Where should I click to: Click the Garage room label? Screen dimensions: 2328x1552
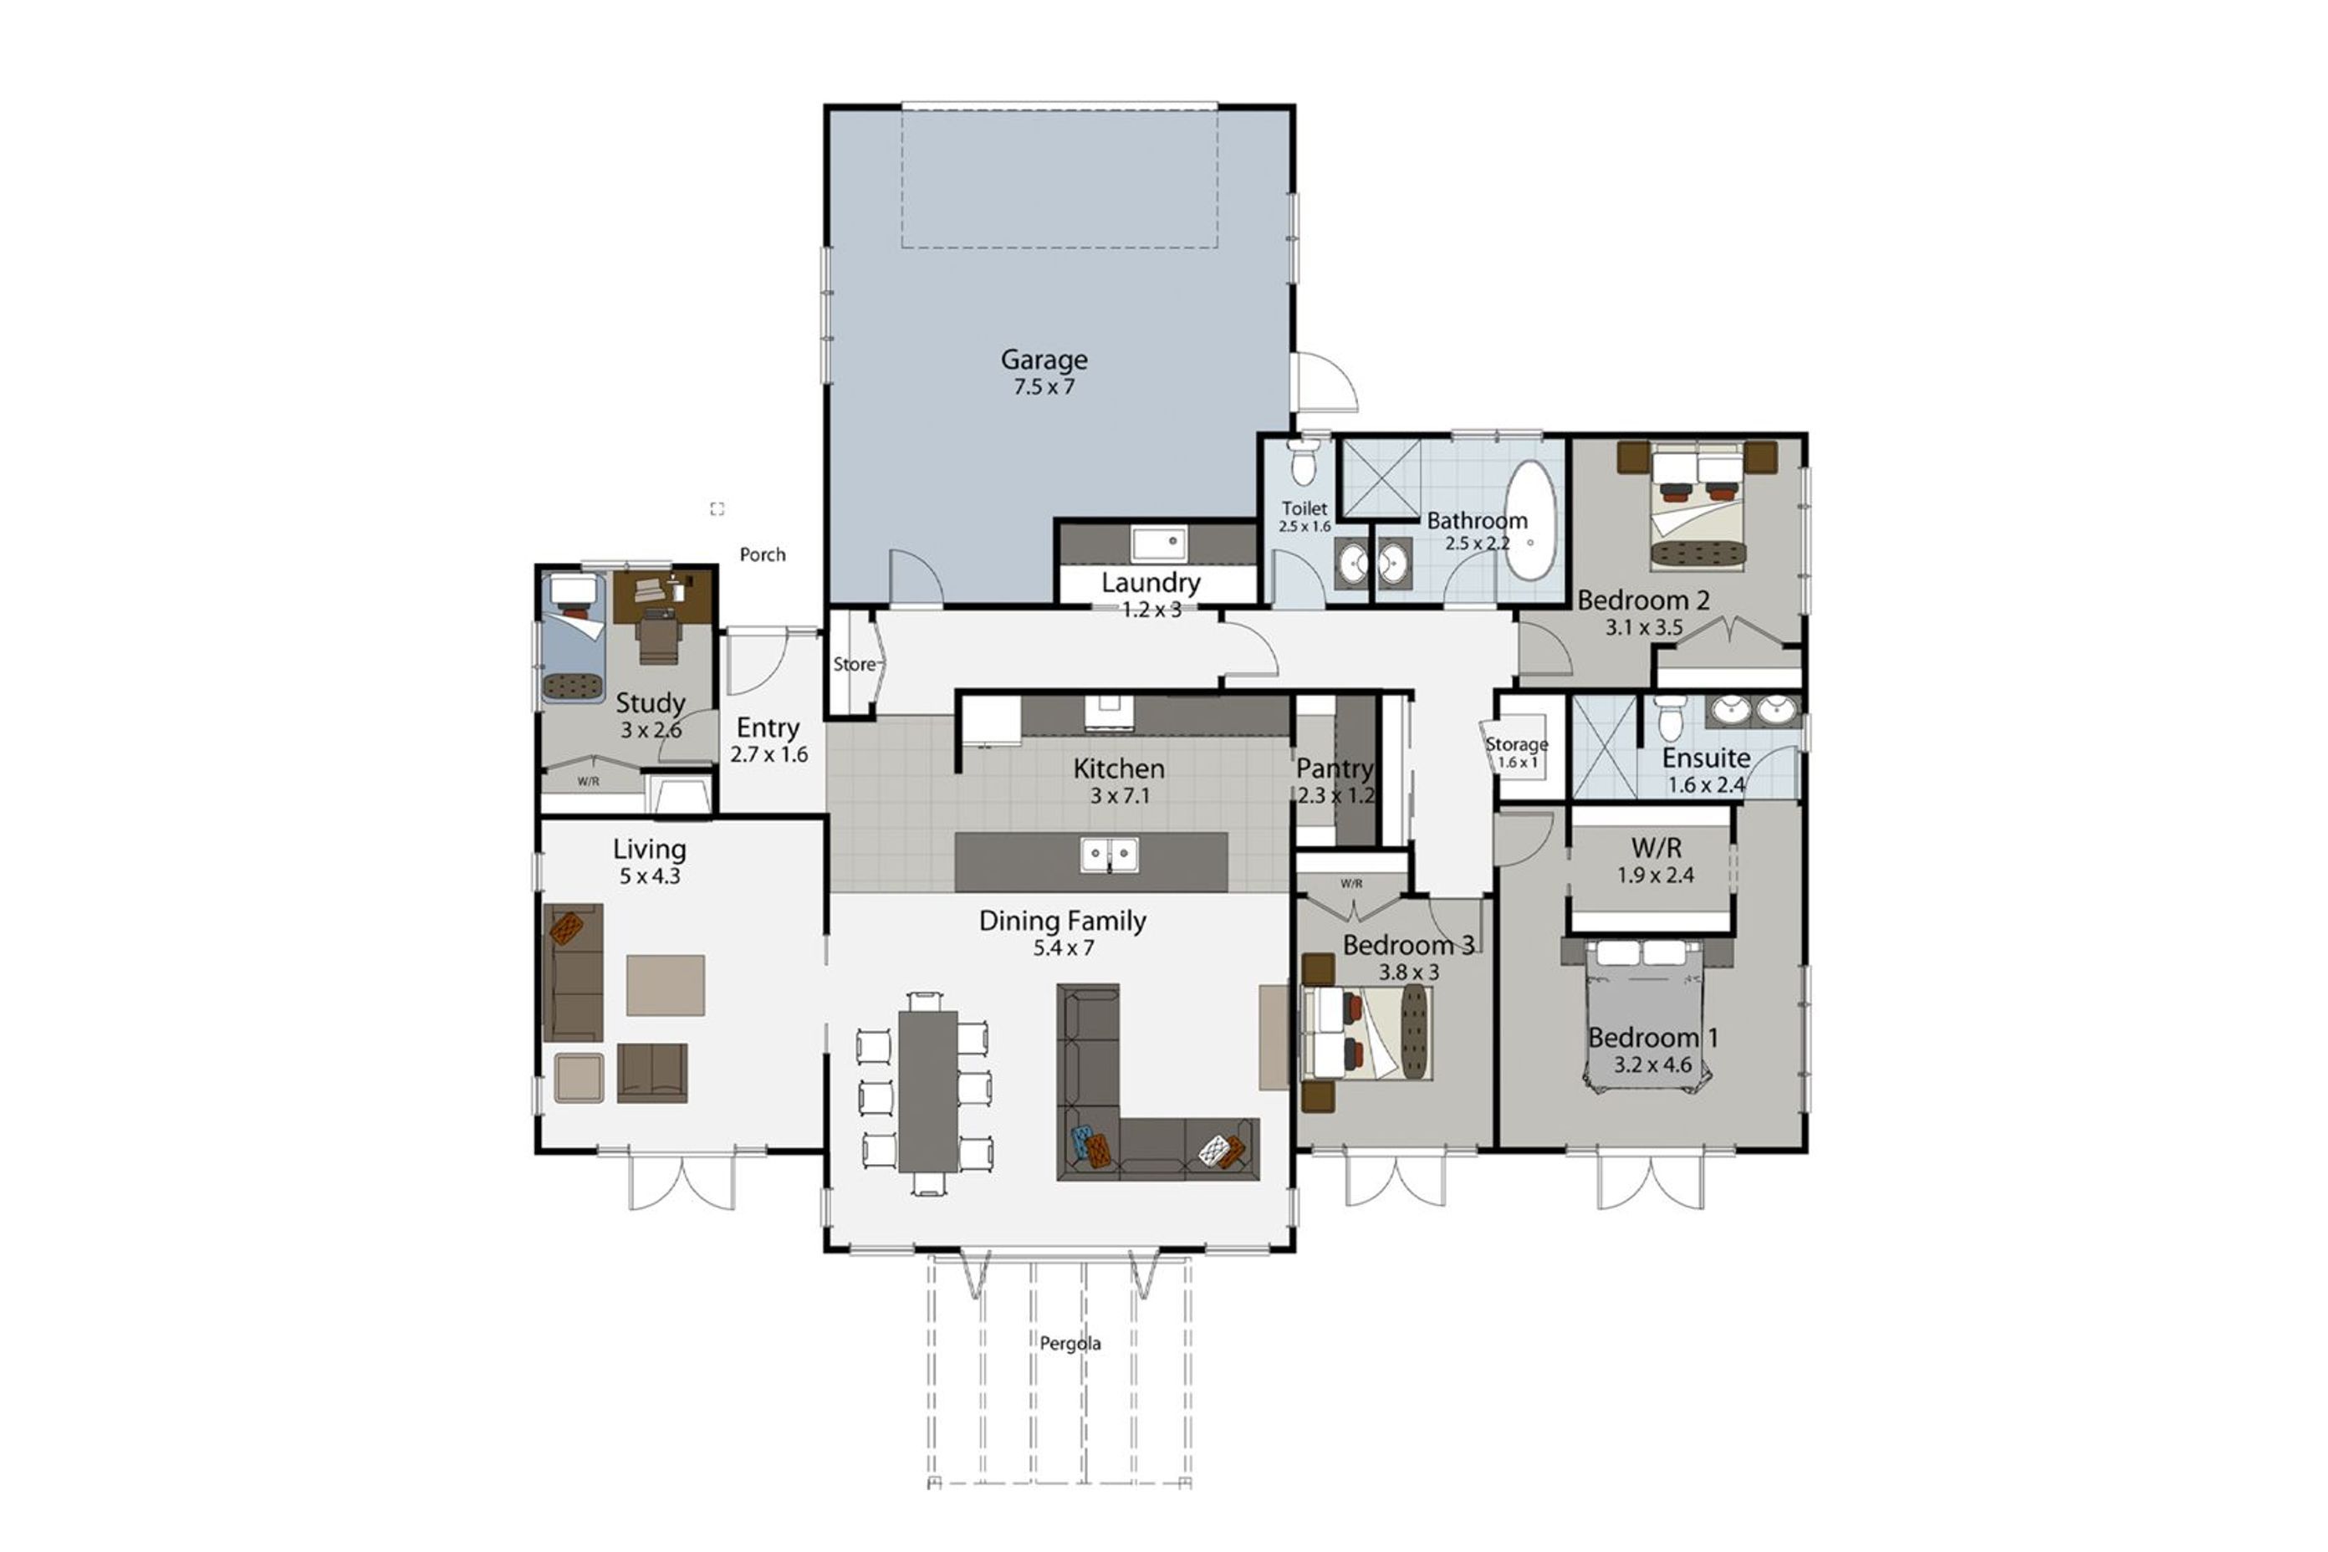(x=1044, y=360)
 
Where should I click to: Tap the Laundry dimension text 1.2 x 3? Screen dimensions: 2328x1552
(x=1151, y=610)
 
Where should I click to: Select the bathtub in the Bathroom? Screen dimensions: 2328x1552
(x=1530, y=521)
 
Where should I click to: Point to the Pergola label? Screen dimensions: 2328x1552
(x=1070, y=1343)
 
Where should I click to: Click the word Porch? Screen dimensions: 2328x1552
(x=762, y=554)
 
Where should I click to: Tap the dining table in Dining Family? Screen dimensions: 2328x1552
(x=927, y=1090)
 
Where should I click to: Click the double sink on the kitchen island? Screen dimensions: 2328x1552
(x=1109, y=855)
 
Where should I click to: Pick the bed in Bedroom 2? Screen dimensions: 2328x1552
(x=1697, y=507)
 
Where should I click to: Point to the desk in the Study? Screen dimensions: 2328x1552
(x=661, y=597)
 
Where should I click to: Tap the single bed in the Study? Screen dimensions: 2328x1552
(x=573, y=636)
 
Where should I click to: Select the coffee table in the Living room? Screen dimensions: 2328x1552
(x=665, y=985)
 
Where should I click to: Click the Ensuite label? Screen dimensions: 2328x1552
(x=1707, y=758)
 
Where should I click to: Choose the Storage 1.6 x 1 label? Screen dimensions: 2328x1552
(x=1516, y=753)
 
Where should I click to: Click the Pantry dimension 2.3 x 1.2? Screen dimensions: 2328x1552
(x=1336, y=794)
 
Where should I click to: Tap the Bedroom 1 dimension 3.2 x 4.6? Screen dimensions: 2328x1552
(x=1653, y=1065)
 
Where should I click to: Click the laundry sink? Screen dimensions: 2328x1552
(x=1159, y=544)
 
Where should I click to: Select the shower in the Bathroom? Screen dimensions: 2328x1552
(x=1381, y=479)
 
